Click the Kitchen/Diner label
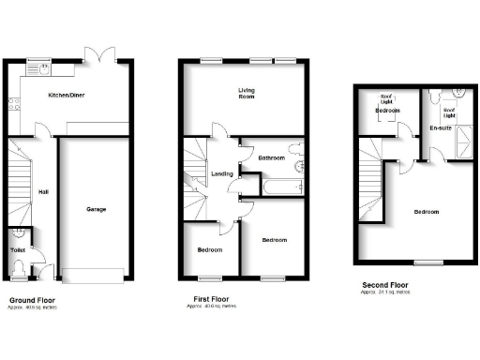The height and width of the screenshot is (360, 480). pyautogui.click(x=63, y=96)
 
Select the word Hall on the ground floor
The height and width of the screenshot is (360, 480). pyautogui.click(x=43, y=193)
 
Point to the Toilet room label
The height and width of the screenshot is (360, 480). pyautogui.click(x=18, y=250)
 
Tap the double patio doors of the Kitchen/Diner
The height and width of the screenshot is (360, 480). pyautogui.click(x=98, y=52)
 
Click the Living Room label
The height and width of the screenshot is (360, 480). pyautogui.click(x=247, y=92)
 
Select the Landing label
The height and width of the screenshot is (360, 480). pyautogui.click(x=222, y=173)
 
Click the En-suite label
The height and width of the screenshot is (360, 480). pyautogui.click(x=440, y=127)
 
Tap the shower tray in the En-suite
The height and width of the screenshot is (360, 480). pyautogui.click(x=460, y=142)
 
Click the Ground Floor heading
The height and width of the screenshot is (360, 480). pyautogui.click(x=29, y=301)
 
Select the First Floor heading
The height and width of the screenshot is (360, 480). pyautogui.click(x=207, y=301)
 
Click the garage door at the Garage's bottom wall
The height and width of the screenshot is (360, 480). pyautogui.click(x=92, y=274)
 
